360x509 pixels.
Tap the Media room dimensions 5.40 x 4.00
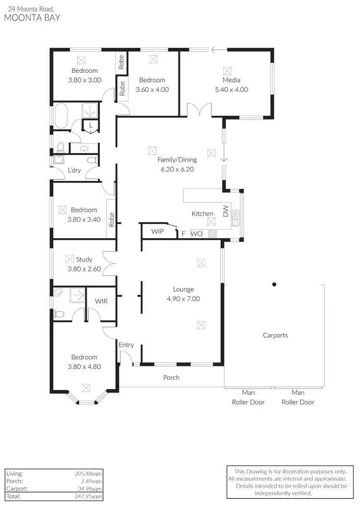click(x=231, y=89)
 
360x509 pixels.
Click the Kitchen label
click(x=202, y=213)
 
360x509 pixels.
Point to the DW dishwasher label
click(x=226, y=211)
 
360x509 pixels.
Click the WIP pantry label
click(x=157, y=231)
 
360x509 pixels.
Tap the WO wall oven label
click(x=196, y=234)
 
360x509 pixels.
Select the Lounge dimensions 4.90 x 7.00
click(x=183, y=298)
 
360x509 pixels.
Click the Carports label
click(x=275, y=335)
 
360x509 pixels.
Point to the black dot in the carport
click(x=274, y=284)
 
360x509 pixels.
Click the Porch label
click(x=171, y=378)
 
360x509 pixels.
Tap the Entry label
click(x=126, y=345)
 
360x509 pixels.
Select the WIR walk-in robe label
click(x=101, y=301)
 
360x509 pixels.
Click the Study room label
click(x=84, y=260)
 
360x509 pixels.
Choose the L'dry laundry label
click(x=74, y=170)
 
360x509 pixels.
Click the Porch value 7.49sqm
click(x=92, y=481)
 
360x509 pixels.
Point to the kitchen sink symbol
click(x=235, y=218)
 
